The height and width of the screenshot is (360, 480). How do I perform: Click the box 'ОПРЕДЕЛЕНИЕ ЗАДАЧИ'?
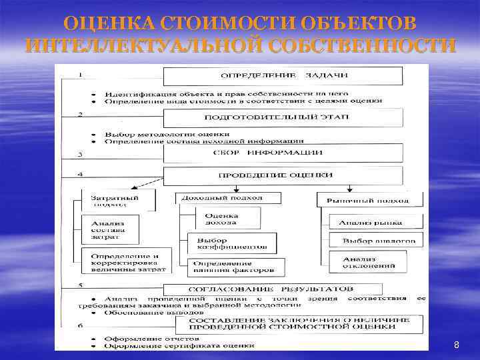(283, 75)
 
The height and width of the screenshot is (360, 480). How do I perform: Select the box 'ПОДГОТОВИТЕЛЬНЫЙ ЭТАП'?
(283, 117)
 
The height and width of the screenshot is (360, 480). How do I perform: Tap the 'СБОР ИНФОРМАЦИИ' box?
(283, 153)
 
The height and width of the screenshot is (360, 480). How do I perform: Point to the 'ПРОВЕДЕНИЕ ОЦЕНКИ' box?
(283, 175)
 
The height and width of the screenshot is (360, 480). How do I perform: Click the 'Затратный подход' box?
(118, 200)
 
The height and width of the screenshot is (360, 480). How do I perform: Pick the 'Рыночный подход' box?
(369, 199)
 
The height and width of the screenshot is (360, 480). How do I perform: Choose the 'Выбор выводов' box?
(379, 240)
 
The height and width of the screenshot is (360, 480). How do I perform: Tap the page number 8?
(456, 345)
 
